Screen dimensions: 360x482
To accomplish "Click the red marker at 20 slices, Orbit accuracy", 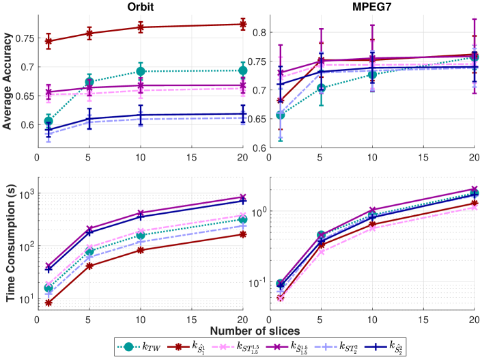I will coord(243,25).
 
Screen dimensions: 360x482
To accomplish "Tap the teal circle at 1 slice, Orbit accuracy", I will coord(48,121).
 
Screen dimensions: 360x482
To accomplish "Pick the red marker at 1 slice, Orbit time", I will coord(48,303).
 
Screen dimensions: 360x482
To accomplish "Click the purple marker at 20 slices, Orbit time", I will coord(243,197).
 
